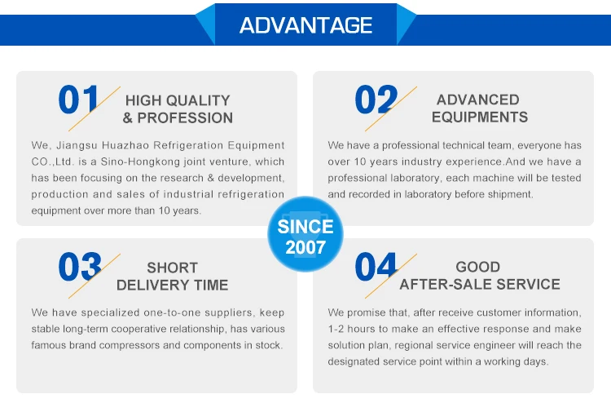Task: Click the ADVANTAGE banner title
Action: tap(305, 25)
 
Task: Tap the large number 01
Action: tap(78, 100)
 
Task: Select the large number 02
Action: tap(376, 100)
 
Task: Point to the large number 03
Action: tap(80, 267)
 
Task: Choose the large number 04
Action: tap(376, 267)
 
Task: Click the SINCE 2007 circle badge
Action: tap(305, 234)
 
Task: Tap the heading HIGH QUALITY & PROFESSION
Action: tap(178, 109)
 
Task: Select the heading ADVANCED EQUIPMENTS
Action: tap(480, 108)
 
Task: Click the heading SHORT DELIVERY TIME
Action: tap(172, 277)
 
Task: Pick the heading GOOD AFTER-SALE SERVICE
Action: tap(480, 276)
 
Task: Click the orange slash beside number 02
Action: tap(391, 108)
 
